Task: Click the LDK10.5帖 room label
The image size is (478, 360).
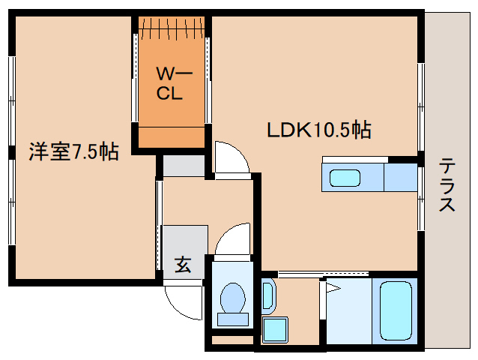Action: coord(319,130)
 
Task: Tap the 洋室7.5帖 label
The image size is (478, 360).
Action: coord(73,152)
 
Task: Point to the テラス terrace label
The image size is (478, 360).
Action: coord(447,184)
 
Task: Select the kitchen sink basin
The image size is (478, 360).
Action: coord(345,178)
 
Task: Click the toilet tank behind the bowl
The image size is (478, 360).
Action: coord(232,319)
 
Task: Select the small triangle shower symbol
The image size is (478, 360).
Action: coord(333,287)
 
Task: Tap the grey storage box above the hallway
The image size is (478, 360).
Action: coord(184,165)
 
